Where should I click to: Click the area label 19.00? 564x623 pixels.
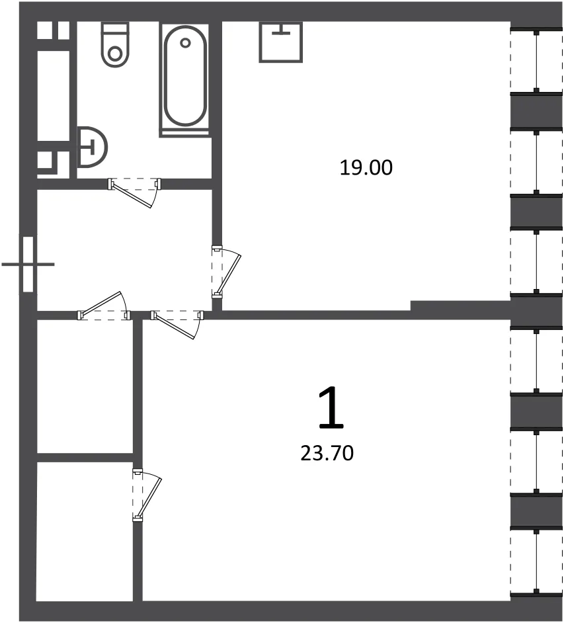366,168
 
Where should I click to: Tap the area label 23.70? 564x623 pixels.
327,453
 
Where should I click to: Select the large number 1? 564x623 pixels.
331,408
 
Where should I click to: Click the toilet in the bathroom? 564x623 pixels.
115,44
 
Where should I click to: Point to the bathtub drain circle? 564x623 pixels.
185,42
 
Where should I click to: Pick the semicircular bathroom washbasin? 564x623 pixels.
92,147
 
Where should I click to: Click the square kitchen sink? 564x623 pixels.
281,42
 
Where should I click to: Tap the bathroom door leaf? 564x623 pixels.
132,194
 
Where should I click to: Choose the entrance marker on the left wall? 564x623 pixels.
28,265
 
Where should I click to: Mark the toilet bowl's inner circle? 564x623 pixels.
115,54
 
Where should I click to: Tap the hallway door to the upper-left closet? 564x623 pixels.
102,304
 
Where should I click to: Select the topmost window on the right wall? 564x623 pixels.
537,60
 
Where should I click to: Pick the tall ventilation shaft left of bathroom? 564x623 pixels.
54,95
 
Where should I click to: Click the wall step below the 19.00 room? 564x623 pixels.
460,306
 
